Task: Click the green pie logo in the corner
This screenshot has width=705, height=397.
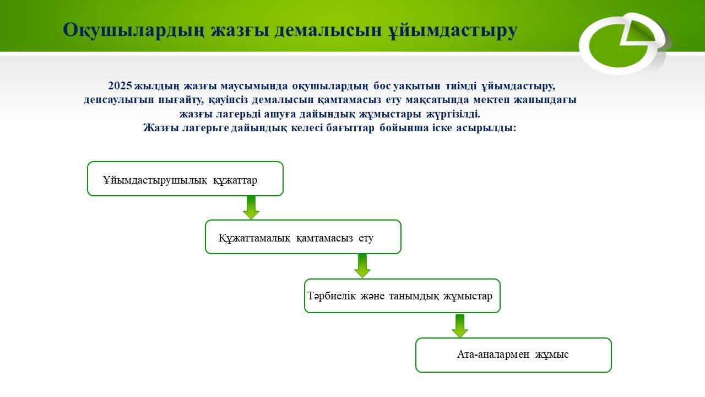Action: pos(622,43)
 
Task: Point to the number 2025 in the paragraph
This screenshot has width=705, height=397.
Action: pos(120,86)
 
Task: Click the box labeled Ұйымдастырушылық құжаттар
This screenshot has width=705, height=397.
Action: pos(185,179)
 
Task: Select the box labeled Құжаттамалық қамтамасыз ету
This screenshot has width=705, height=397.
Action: pos(303,237)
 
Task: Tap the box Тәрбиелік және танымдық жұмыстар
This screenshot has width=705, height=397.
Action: pos(402,296)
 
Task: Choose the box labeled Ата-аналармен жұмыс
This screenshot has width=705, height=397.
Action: pos(513,355)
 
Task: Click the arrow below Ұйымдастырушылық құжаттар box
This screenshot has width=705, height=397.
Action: pos(251,207)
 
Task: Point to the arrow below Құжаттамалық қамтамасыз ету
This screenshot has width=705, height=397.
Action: pos(362,266)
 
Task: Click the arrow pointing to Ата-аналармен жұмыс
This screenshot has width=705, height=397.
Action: pos(460,325)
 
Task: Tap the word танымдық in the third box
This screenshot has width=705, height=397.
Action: pos(414,296)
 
